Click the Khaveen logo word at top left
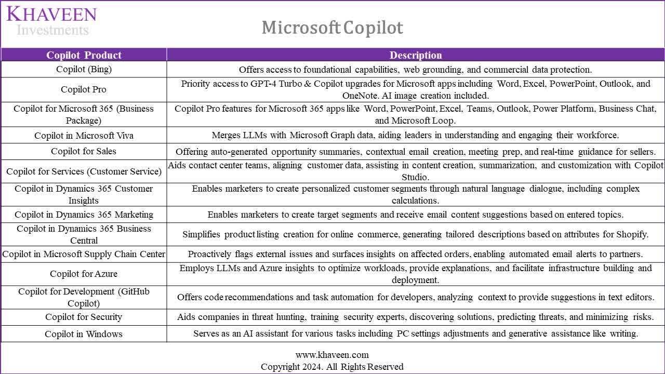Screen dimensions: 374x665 pos(51,14)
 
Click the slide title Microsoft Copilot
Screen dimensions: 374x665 pos(332,28)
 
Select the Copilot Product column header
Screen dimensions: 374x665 pos(84,55)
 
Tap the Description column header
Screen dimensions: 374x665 pos(416,55)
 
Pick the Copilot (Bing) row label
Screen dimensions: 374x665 pos(84,69)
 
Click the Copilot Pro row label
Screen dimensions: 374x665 pos(84,89)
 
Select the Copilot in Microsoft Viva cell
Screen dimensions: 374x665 pos(84,136)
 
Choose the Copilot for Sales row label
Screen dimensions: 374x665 pos(84,151)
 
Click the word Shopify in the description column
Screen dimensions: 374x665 pos(631,234)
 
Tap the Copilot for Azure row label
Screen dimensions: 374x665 pos(84,274)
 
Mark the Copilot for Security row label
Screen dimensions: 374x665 pos(84,317)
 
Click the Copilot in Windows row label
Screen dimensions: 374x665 pos(84,334)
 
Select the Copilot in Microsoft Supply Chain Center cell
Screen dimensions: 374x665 pos(84,254)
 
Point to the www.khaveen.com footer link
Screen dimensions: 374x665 pos(332,355)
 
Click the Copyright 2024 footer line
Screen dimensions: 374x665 pos(332,367)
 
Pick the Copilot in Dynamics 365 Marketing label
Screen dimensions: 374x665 pos(84,215)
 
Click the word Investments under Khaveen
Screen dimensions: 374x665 pos(52,30)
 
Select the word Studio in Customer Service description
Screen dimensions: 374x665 pos(416,177)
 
